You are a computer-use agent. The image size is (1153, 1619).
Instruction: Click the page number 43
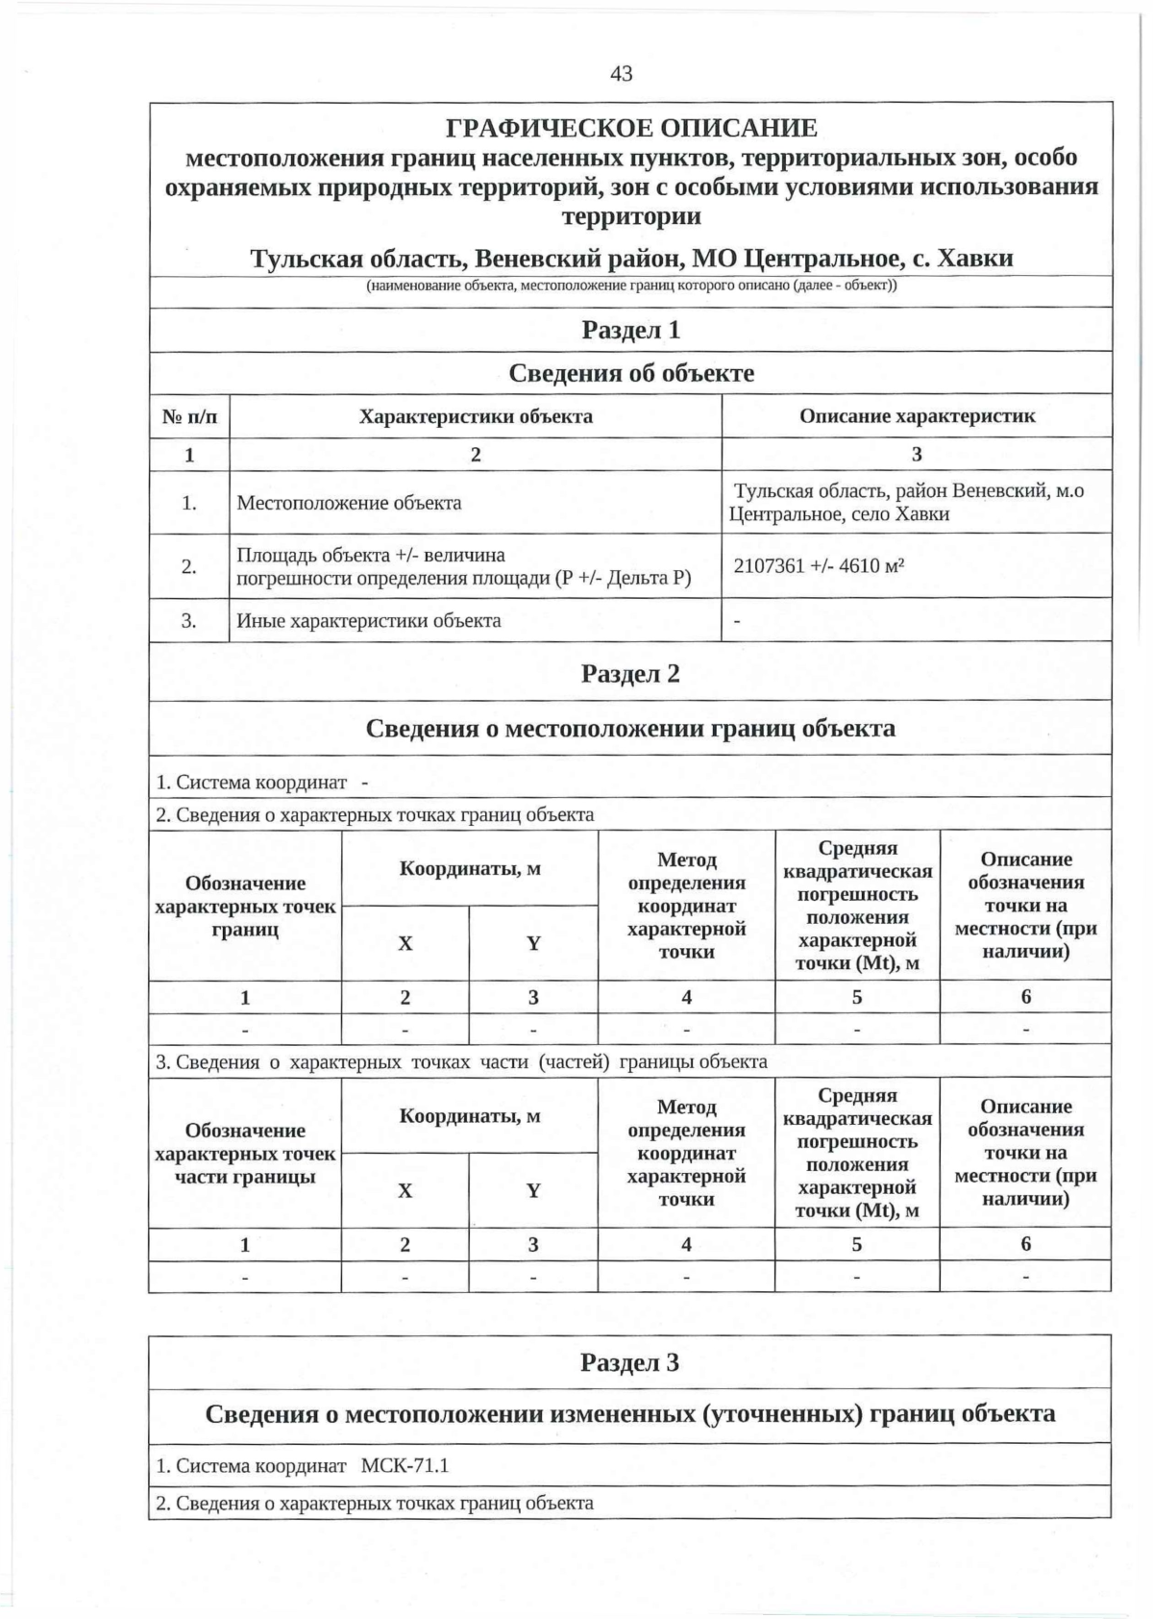pos(621,74)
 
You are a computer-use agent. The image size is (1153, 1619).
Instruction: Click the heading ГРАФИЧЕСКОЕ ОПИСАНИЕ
pos(631,128)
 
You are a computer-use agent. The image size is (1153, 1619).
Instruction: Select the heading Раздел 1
pos(631,330)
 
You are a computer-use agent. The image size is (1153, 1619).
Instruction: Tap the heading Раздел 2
pos(630,674)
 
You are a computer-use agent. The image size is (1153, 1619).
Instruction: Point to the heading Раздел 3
pos(630,1362)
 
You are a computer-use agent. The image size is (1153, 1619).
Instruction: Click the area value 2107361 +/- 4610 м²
pos(820,565)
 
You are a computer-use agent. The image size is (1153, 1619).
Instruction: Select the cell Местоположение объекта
pos(349,503)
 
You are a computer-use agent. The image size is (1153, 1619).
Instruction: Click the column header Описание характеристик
pos(917,416)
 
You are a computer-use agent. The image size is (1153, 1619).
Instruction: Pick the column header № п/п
pos(189,417)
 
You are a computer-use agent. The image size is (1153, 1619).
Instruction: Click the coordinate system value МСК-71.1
pos(405,1466)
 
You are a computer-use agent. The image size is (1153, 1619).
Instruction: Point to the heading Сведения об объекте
pos(631,373)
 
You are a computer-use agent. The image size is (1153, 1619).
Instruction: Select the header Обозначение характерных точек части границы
pos(245,1153)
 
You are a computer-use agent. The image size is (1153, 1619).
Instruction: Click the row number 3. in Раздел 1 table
pos(189,620)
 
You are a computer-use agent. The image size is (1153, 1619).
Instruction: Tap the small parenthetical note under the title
pos(631,286)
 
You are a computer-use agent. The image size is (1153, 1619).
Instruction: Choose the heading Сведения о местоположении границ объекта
pos(630,728)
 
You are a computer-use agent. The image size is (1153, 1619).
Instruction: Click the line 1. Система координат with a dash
pos(262,782)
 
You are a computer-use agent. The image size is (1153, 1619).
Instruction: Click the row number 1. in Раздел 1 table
pos(189,503)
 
